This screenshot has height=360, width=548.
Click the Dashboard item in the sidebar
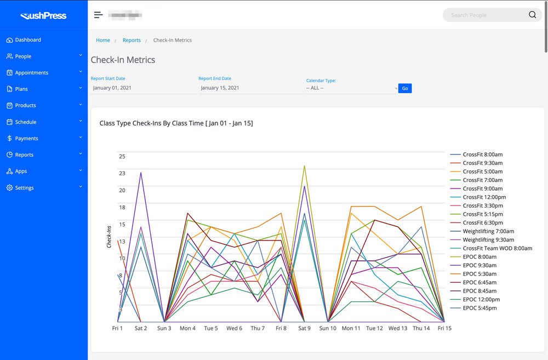point(27,40)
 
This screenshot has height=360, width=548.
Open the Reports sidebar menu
point(24,155)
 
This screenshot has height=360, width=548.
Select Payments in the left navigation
point(26,139)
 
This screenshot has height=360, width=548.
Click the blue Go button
point(405,88)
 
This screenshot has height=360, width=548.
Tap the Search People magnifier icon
point(532,15)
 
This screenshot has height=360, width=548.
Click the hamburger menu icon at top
point(98,15)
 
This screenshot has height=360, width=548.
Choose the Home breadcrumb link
point(103,40)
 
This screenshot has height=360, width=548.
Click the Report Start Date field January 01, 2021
point(142,88)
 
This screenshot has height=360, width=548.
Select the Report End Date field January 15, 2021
point(250,88)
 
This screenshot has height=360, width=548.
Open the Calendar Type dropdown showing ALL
point(352,88)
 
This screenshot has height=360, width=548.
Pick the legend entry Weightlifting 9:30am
point(488,240)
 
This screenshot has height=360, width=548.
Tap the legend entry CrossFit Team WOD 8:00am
point(497,248)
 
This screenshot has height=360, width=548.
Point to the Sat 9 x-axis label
point(304,328)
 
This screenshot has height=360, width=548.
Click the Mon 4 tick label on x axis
point(187,328)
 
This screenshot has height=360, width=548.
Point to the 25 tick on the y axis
point(122,157)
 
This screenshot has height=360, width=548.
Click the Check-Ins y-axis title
point(109,237)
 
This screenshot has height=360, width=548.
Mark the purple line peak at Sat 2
point(141,173)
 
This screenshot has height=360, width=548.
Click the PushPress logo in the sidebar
point(43,16)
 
